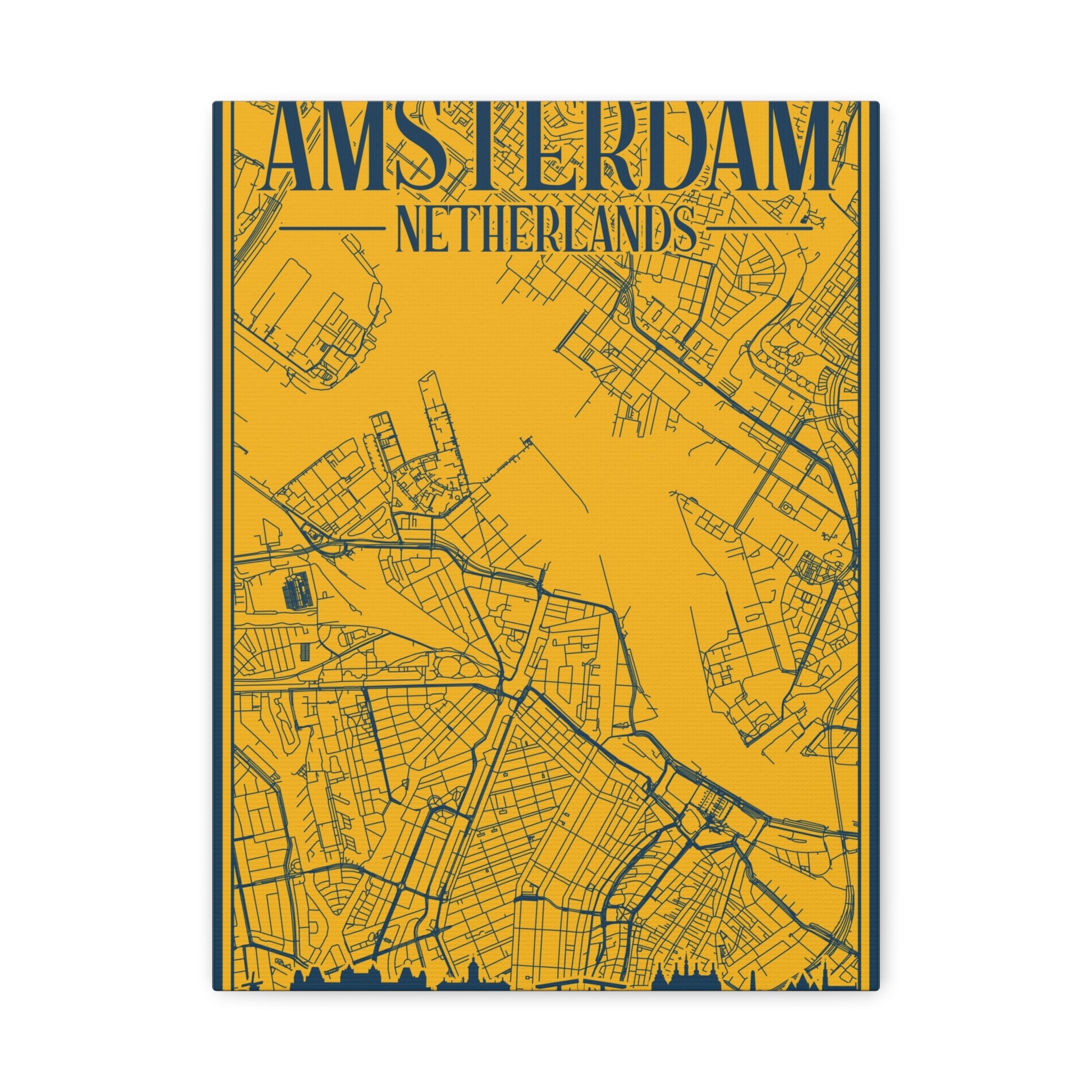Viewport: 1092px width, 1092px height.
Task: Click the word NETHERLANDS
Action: point(546,229)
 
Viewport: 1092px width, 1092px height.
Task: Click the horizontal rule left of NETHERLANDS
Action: point(332,229)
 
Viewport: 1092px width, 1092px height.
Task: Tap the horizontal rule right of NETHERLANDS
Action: point(760,229)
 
